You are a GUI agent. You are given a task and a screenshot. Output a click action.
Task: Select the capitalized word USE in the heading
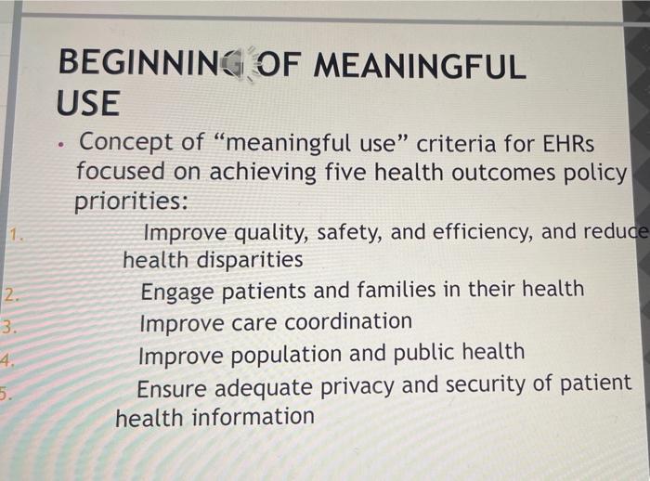(87, 104)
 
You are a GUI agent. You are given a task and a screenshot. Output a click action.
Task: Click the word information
(253, 417)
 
